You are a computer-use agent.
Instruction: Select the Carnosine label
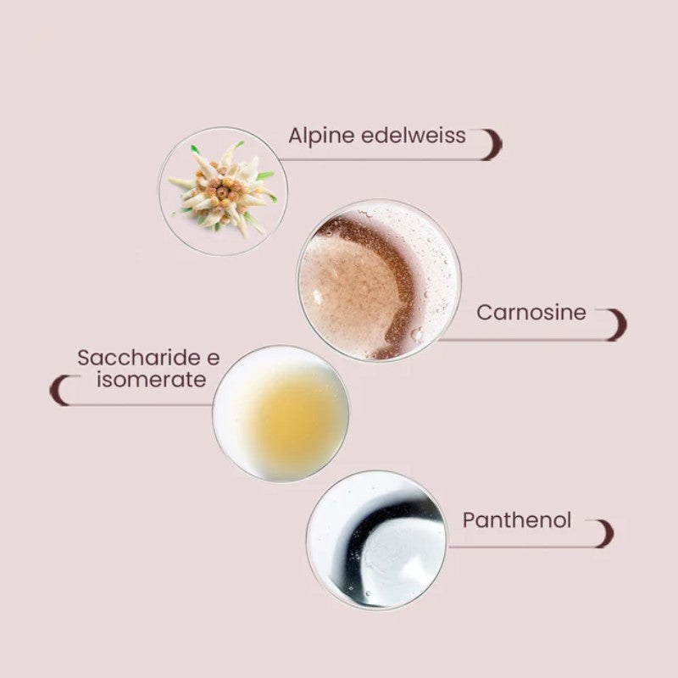(531, 313)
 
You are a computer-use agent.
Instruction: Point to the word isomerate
(151, 380)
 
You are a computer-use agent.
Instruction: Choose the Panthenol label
(517, 520)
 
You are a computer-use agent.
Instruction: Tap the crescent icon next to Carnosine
(615, 325)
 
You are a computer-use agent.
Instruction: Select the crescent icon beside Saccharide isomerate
(60, 390)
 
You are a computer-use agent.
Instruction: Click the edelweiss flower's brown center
(222, 192)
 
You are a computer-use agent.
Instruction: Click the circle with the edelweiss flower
(223, 192)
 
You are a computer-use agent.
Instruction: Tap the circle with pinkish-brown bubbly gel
(378, 281)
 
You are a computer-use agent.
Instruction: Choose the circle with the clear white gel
(375, 540)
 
